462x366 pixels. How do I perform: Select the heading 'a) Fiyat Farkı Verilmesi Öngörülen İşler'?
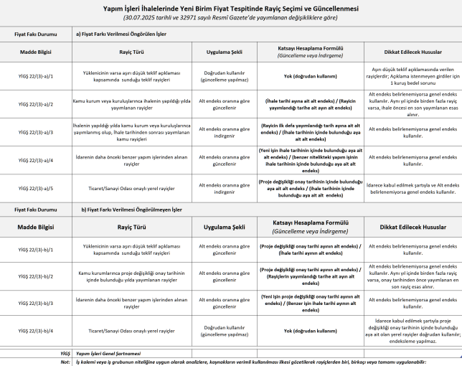coord(125,34)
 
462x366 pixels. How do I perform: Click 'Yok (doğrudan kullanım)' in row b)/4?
coord(309,331)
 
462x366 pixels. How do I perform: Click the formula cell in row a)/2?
coord(309,104)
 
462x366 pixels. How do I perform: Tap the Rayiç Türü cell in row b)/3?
coord(130,304)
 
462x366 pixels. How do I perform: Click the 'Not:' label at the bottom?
coord(65,362)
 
